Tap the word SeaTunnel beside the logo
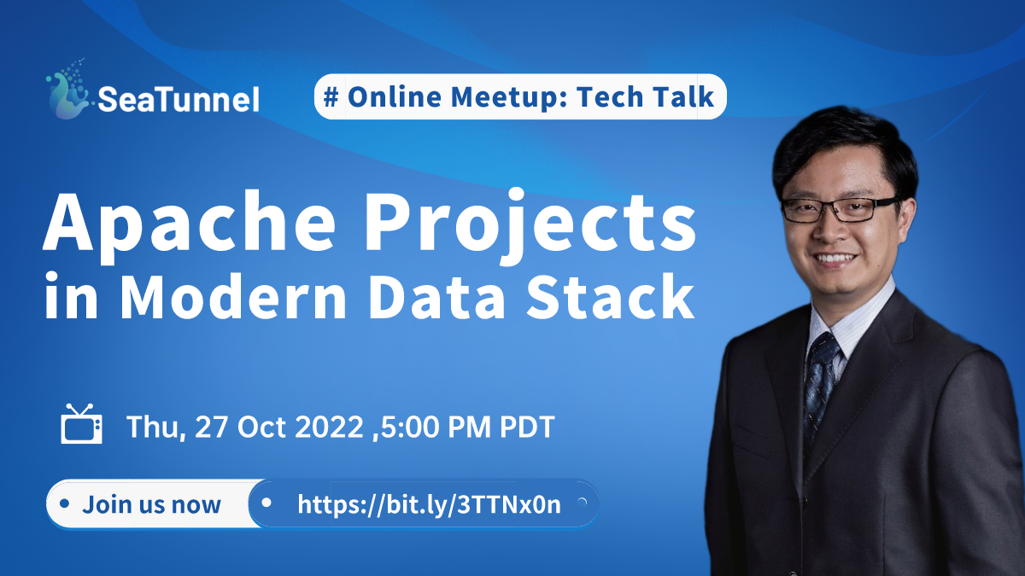pos(179,100)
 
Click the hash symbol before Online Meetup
pos(331,97)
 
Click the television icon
pos(82,425)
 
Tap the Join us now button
pos(151,504)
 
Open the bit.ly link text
pos(429,504)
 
